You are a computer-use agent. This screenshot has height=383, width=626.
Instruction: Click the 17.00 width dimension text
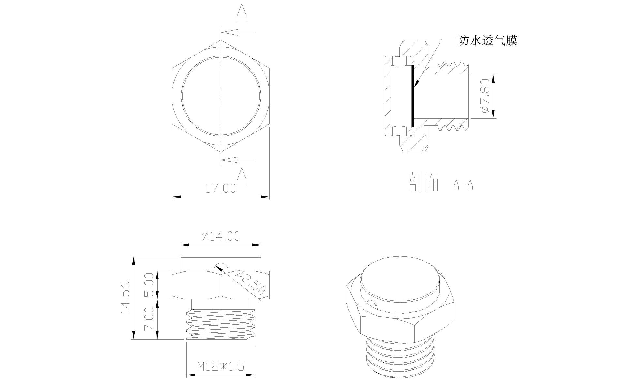click(220, 188)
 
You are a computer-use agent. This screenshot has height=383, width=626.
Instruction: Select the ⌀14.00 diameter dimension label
click(221, 236)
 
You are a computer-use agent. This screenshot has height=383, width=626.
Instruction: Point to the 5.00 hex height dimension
click(149, 285)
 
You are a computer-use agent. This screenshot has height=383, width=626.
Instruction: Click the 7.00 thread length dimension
click(149, 319)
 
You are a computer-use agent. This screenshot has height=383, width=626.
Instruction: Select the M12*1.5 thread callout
click(221, 366)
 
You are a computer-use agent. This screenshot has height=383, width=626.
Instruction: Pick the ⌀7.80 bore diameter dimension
click(485, 96)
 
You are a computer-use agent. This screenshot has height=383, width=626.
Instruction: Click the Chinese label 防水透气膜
click(488, 41)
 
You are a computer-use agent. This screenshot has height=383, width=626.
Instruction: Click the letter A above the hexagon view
click(241, 12)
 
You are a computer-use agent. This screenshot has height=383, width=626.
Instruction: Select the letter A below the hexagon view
click(241, 176)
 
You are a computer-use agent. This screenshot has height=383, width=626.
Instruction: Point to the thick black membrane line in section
click(412, 96)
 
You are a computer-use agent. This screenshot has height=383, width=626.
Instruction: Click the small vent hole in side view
click(221, 266)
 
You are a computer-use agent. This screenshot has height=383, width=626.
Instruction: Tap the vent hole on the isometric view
click(372, 305)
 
